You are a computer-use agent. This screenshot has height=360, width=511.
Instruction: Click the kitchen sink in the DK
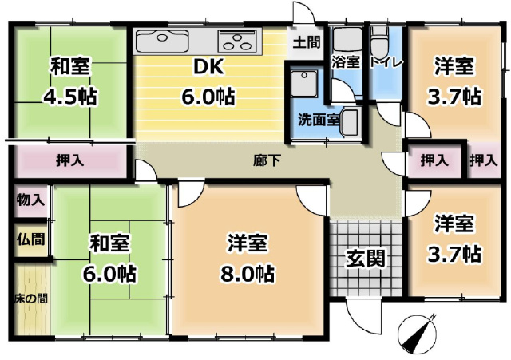(162, 41)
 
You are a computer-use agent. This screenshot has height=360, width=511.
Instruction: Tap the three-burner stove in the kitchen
(236, 41)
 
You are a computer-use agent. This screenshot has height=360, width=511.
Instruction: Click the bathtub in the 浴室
(347, 39)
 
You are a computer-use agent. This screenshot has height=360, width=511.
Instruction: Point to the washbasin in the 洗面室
(349, 122)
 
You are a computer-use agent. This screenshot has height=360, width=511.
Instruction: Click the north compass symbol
(418, 332)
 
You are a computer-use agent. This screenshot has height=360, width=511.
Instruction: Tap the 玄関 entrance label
(366, 258)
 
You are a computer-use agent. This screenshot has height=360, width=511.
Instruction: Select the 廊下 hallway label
(267, 160)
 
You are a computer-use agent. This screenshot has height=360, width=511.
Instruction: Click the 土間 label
(307, 42)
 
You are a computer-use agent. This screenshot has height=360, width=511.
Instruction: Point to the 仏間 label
(31, 239)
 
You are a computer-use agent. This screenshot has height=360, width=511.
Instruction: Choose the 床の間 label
(31, 299)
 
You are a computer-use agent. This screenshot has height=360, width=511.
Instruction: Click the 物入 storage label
(30, 200)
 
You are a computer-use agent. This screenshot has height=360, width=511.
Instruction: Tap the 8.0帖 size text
(248, 274)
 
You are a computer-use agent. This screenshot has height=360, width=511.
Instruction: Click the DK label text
(208, 67)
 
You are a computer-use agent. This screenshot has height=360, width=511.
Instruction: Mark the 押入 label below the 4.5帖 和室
(70, 160)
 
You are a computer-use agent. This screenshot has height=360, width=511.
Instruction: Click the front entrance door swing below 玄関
(363, 315)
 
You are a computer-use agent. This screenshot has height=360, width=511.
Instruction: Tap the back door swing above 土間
(303, 13)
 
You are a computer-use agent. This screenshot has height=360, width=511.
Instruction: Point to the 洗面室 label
(319, 121)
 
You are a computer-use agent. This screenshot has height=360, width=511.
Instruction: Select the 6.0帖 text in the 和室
(109, 275)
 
